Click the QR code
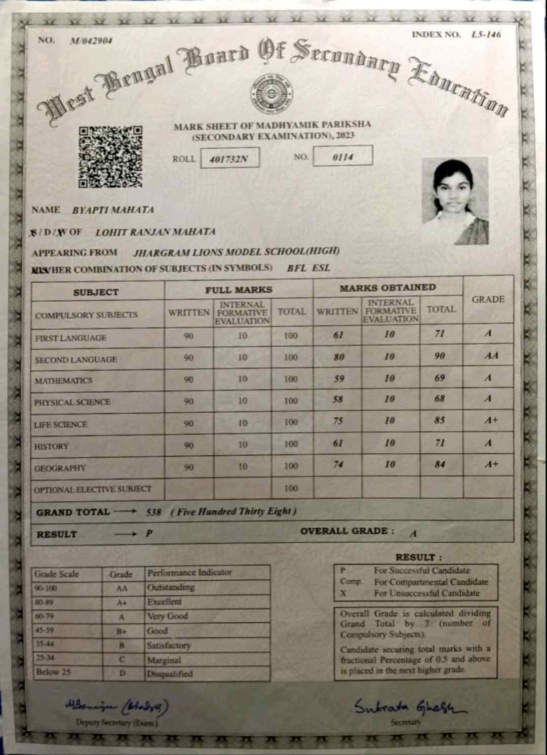[x=110, y=156]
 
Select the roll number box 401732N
[x=229, y=158]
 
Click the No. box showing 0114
[x=343, y=156]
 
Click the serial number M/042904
[x=91, y=41]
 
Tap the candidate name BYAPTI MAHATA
[x=112, y=210]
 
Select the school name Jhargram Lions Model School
[x=236, y=252]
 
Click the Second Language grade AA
[x=491, y=355]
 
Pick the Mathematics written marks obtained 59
[x=339, y=378]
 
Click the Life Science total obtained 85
[x=440, y=420]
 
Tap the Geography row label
[x=60, y=468]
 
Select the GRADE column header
[x=488, y=299]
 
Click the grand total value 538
[x=153, y=512]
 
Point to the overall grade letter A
[x=413, y=533]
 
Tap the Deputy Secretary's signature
[x=117, y=705]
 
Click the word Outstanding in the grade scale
[x=171, y=587]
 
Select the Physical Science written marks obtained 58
[x=338, y=399]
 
